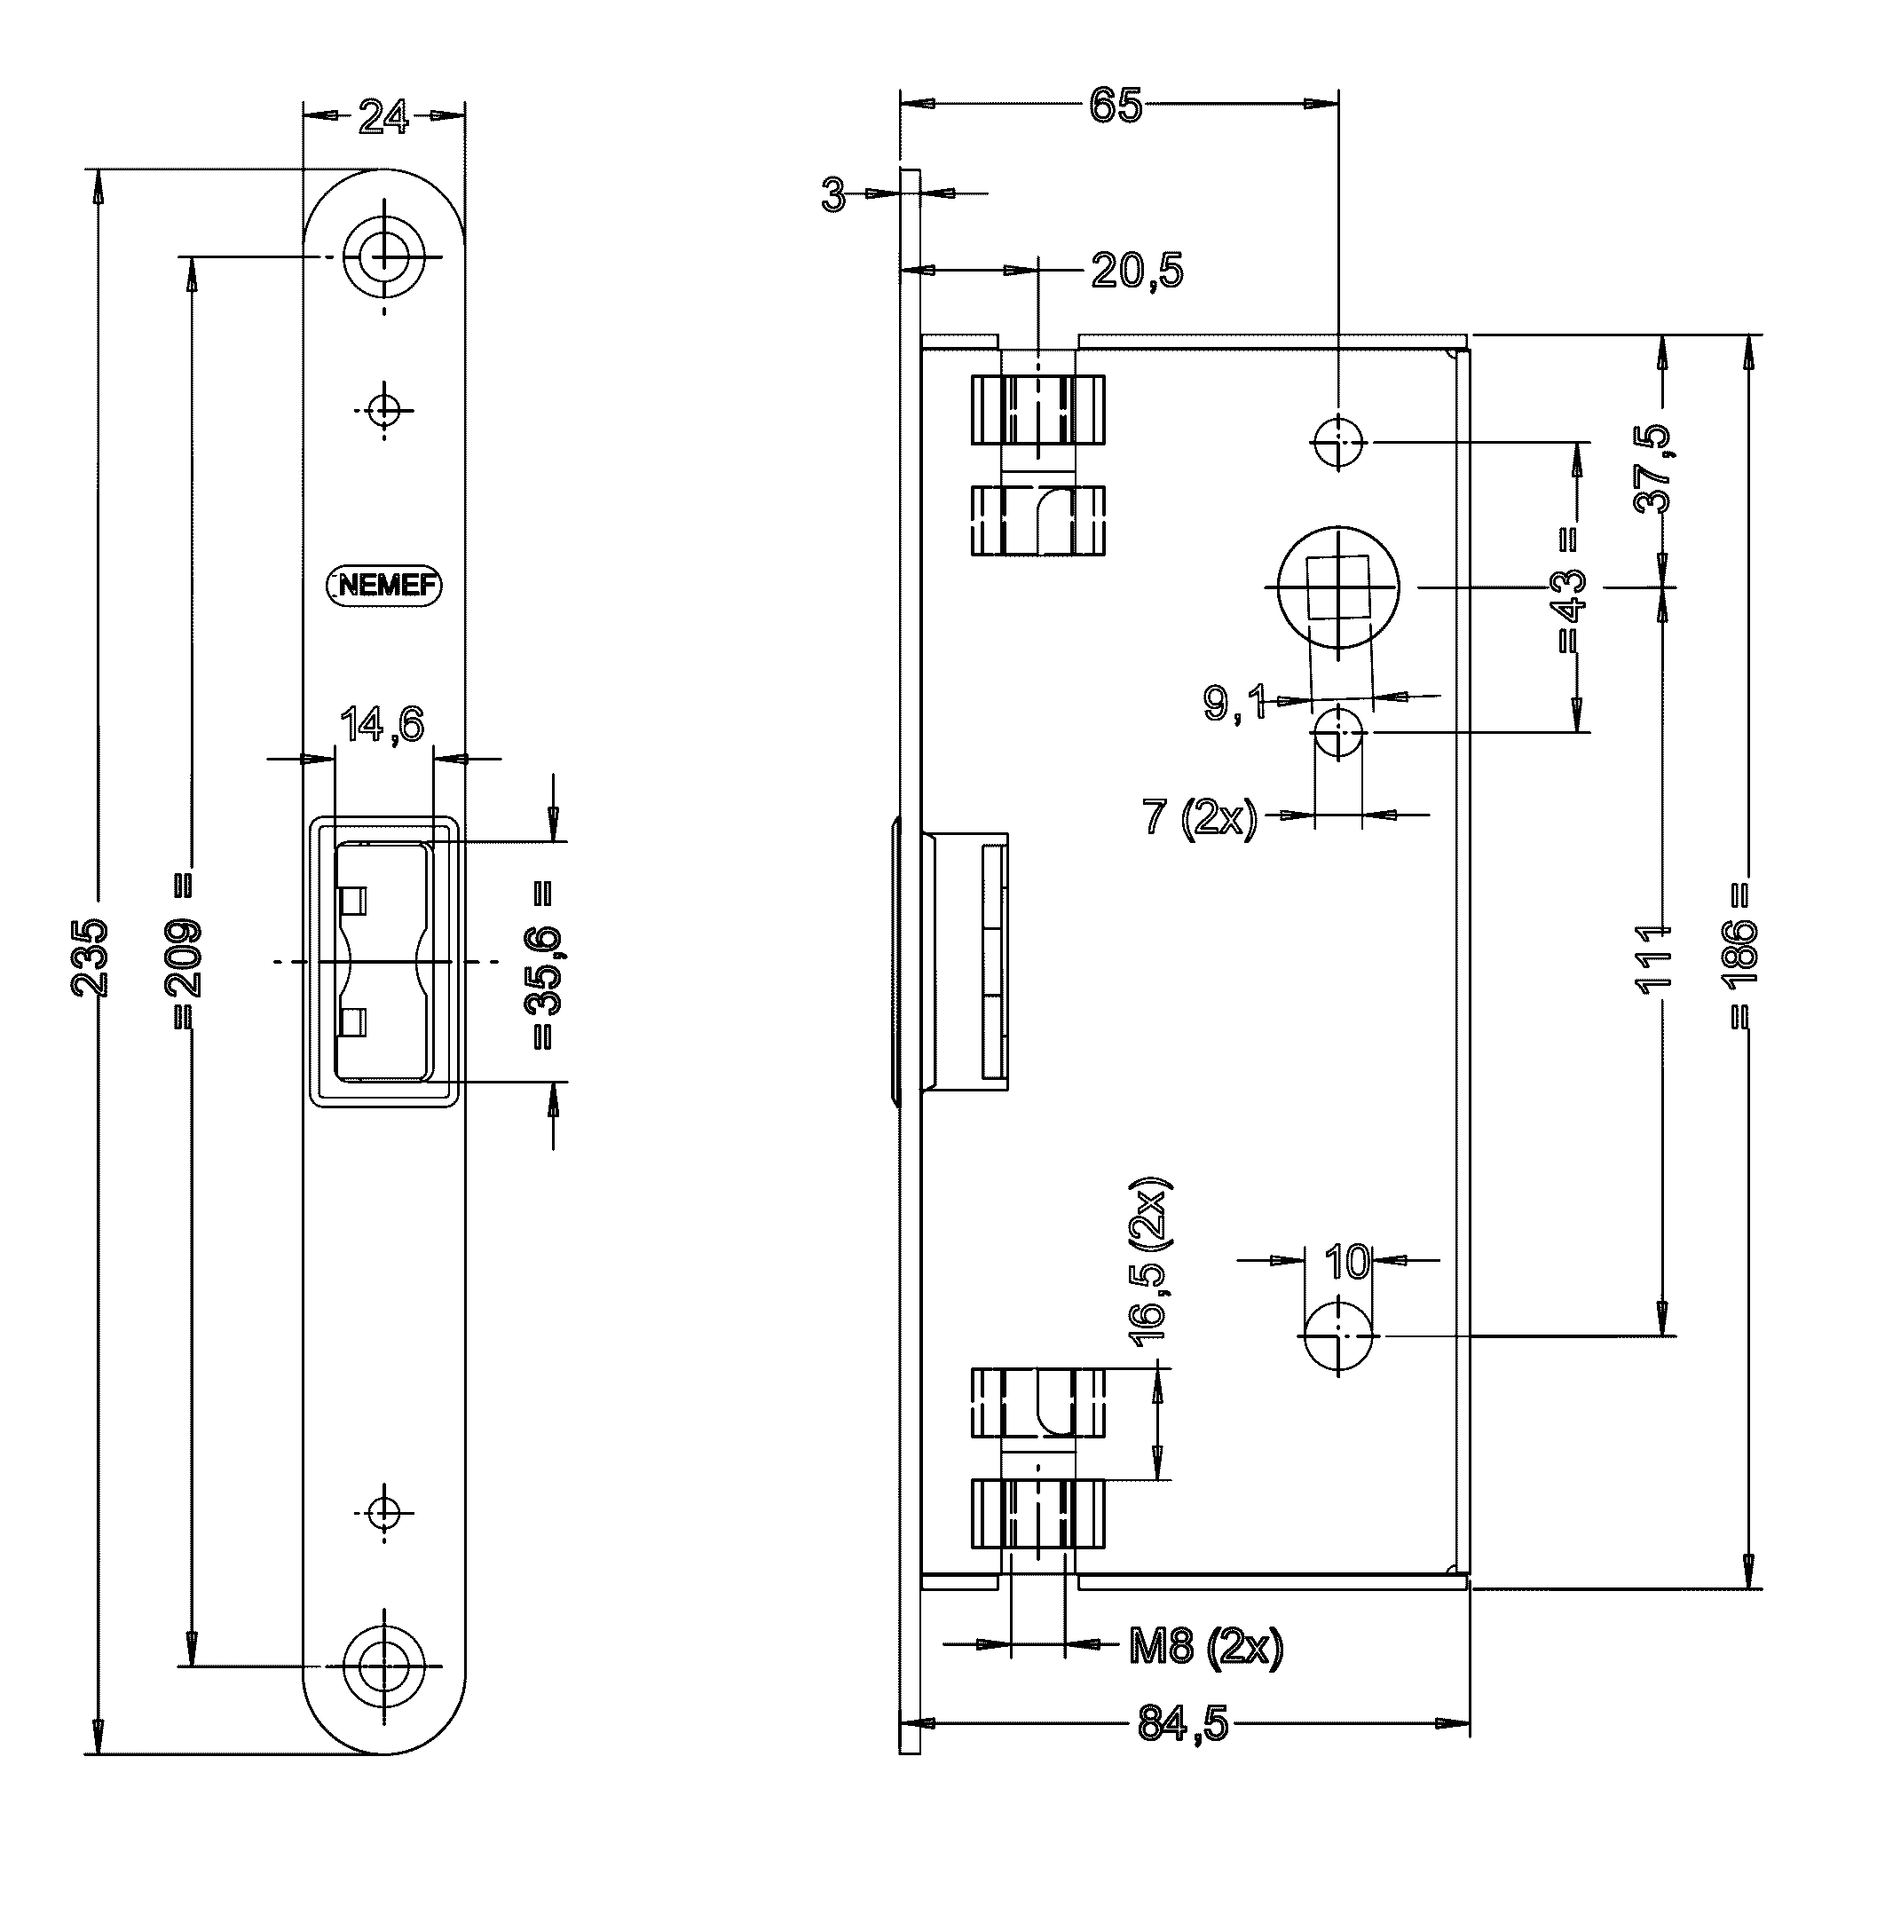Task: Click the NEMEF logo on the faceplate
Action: click(383, 587)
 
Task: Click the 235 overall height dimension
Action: click(91, 957)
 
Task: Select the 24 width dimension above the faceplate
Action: click(383, 117)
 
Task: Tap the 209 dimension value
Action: click(185, 957)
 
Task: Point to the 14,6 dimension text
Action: click(382, 724)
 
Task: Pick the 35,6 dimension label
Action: click(543, 971)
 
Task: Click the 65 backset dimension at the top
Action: click(1116, 106)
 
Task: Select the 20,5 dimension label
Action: click(1137, 270)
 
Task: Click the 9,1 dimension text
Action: click(1235, 703)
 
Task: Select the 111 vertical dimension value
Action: click(1654, 958)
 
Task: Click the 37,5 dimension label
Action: click(1654, 469)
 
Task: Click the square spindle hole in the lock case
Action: click(1337, 587)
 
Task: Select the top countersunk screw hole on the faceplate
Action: click(383, 257)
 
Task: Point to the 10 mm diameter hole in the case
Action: click(1337, 1335)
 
